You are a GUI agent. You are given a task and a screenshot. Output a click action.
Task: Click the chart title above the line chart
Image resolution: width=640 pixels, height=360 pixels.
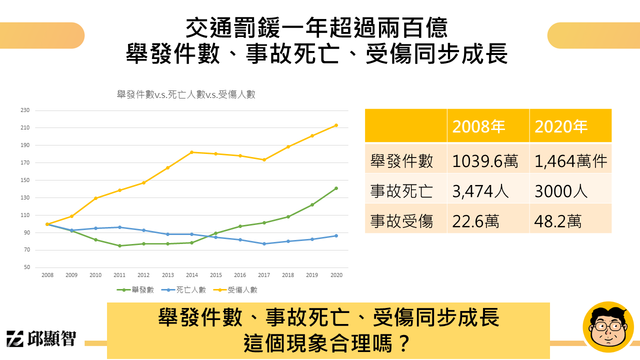(x=187, y=94)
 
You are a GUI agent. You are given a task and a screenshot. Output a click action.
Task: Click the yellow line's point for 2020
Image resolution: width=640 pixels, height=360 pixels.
(x=335, y=125)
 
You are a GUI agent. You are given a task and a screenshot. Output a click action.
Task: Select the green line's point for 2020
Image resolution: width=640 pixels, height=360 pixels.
(x=335, y=188)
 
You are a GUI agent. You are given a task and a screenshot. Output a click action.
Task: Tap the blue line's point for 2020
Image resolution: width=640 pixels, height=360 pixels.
(x=335, y=236)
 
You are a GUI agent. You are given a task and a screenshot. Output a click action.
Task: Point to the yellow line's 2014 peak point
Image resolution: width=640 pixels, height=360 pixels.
(x=191, y=152)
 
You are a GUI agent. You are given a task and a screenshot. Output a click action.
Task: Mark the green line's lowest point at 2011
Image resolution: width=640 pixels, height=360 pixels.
(x=119, y=246)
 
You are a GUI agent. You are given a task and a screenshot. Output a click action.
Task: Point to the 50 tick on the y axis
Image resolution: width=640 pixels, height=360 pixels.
(x=27, y=268)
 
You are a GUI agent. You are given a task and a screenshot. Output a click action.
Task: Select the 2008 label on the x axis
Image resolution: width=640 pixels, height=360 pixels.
(x=47, y=273)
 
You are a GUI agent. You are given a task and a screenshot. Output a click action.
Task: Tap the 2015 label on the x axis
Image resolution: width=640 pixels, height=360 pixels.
(x=215, y=273)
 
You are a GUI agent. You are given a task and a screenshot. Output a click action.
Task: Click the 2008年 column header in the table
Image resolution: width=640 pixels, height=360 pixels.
(x=478, y=128)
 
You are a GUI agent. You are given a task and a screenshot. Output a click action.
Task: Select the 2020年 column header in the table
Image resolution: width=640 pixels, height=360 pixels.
(x=561, y=128)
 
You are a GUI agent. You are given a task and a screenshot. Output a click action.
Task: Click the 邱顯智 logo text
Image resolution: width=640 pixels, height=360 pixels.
(x=56, y=338)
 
